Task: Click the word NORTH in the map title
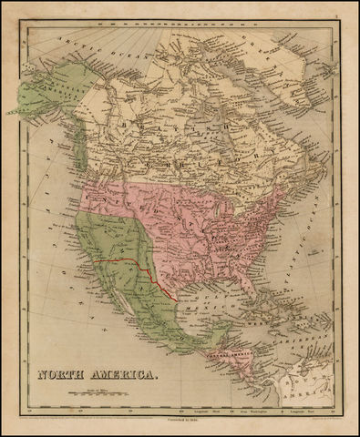(63, 373)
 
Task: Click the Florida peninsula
(238, 290)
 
